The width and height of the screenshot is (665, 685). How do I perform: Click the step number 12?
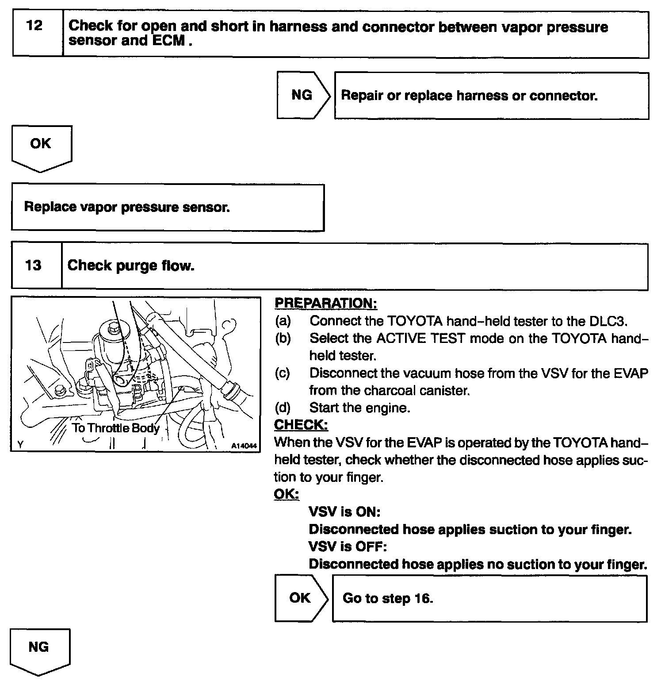click(x=34, y=26)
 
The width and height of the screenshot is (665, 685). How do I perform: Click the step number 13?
click(x=33, y=266)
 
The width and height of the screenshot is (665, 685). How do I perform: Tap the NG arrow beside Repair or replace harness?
click(x=302, y=95)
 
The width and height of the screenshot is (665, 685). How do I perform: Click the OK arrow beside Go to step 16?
click(x=300, y=598)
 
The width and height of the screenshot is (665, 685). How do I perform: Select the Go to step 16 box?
click(x=489, y=598)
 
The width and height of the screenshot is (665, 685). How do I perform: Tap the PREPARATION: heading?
click(x=326, y=303)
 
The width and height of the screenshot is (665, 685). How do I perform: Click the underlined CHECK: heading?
click(x=301, y=425)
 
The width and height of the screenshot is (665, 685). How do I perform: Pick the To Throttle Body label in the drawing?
click(x=116, y=428)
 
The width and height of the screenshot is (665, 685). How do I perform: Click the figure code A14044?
click(x=244, y=446)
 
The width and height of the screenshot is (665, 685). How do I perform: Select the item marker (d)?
click(x=283, y=408)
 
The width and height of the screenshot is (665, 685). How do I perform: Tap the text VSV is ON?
click(x=345, y=512)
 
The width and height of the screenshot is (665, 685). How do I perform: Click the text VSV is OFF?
click(x=348, y=547)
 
